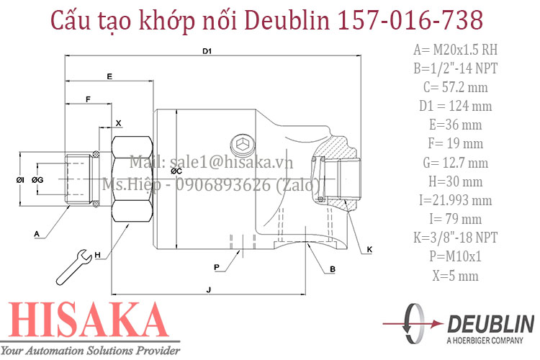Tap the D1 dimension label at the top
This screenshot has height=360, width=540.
207,51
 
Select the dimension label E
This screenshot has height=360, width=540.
109,76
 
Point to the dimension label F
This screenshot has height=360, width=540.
88,98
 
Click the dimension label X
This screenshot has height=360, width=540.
119,122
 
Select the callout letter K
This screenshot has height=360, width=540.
369,249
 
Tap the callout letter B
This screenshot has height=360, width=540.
332,269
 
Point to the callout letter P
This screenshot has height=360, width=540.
216,267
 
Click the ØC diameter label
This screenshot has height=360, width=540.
175,172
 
